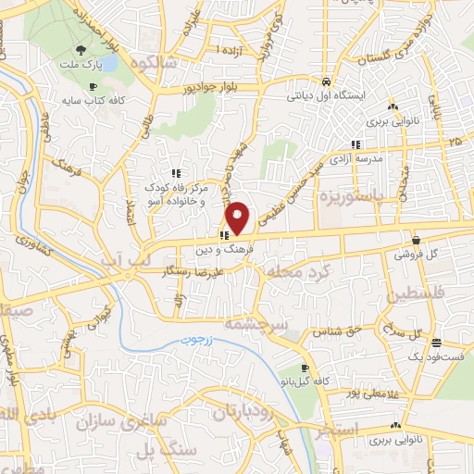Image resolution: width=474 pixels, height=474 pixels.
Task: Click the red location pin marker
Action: (239, 218)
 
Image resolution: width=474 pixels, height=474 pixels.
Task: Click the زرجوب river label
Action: (196, 340)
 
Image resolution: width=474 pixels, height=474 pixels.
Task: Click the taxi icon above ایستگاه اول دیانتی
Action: (327, 81)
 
